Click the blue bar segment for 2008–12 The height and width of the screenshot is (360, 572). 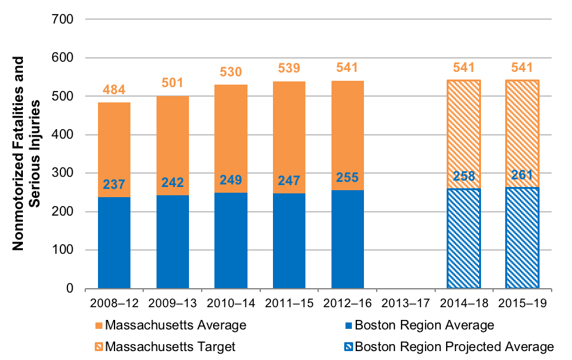tap(114, 242)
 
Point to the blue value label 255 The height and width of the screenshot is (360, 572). tap(347, 179)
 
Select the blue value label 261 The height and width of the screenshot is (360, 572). tap(522, 176)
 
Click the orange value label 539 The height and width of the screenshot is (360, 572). tap(289, 68)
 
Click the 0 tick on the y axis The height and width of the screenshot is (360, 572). tap(70, 289)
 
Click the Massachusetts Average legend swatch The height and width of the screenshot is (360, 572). tap(99, 326)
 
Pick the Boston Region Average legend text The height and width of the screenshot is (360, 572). tap(424, 326)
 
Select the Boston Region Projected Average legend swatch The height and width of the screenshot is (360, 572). tap(348, 347)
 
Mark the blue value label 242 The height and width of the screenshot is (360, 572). tap(172, 183)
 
